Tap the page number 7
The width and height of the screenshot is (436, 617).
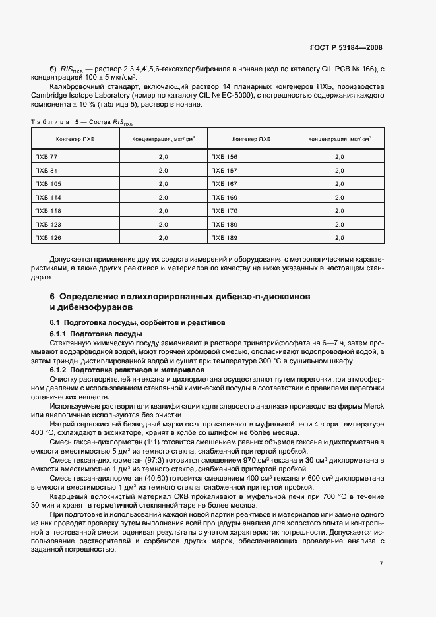point(381,563)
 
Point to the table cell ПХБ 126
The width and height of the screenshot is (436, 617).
point(48,237)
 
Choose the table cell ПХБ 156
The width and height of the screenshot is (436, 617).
point(224,157)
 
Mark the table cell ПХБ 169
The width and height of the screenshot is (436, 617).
point(224,197)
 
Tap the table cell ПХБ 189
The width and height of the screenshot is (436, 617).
point(224,237)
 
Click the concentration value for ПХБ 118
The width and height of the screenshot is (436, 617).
point(164,210)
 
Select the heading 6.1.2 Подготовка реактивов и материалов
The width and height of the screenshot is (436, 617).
point(119,370)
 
